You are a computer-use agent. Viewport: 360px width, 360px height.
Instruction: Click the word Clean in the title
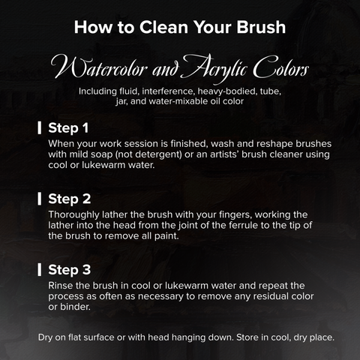point(163,27)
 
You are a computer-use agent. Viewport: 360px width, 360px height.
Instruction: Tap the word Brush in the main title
point(261,27)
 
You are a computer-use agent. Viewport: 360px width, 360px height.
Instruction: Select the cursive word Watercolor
point(99,67)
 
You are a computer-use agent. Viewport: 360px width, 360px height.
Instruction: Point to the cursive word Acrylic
point(214,68)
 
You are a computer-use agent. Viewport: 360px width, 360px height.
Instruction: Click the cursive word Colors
point(281,67)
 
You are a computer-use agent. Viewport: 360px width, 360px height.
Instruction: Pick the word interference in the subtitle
point(168,91)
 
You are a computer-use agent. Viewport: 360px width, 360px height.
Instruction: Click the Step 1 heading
point(68,128)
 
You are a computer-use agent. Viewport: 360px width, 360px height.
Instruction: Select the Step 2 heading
point(70,199)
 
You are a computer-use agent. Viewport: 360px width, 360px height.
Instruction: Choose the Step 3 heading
point(70,270)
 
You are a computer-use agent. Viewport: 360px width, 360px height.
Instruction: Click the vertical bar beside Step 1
point(39,128)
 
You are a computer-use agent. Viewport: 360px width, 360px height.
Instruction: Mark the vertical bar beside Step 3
point(39,270)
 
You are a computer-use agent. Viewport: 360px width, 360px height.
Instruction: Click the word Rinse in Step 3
point(58,286)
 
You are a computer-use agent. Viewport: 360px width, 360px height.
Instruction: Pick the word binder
point(75,307)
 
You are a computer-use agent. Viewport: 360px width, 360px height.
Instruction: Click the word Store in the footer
point(247,337)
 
